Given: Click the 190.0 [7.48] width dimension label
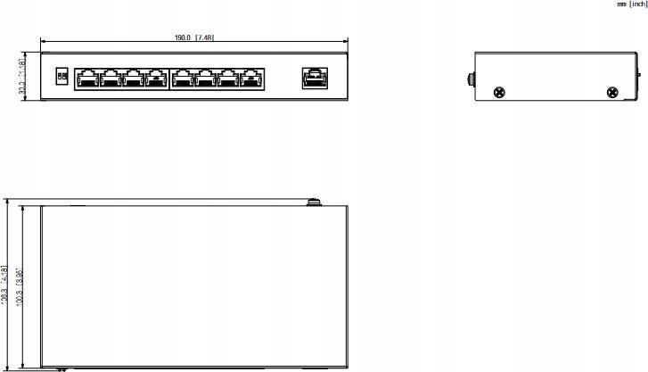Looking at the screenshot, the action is (193, 37).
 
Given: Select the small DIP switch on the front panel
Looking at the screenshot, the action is (61, 78).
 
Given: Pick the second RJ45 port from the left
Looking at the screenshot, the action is (111, 79).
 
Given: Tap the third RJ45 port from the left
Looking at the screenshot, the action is (134, 79).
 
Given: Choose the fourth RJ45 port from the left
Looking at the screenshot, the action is (157, 79).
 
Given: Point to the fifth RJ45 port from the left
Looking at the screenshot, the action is (182, 79).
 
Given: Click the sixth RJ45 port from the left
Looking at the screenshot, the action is (206, 79).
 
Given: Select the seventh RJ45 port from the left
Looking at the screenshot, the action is (229, 79).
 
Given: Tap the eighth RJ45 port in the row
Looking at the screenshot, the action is (252, 79).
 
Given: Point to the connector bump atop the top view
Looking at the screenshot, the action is (313, 203).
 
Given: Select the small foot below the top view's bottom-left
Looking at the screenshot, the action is (62, 368).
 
